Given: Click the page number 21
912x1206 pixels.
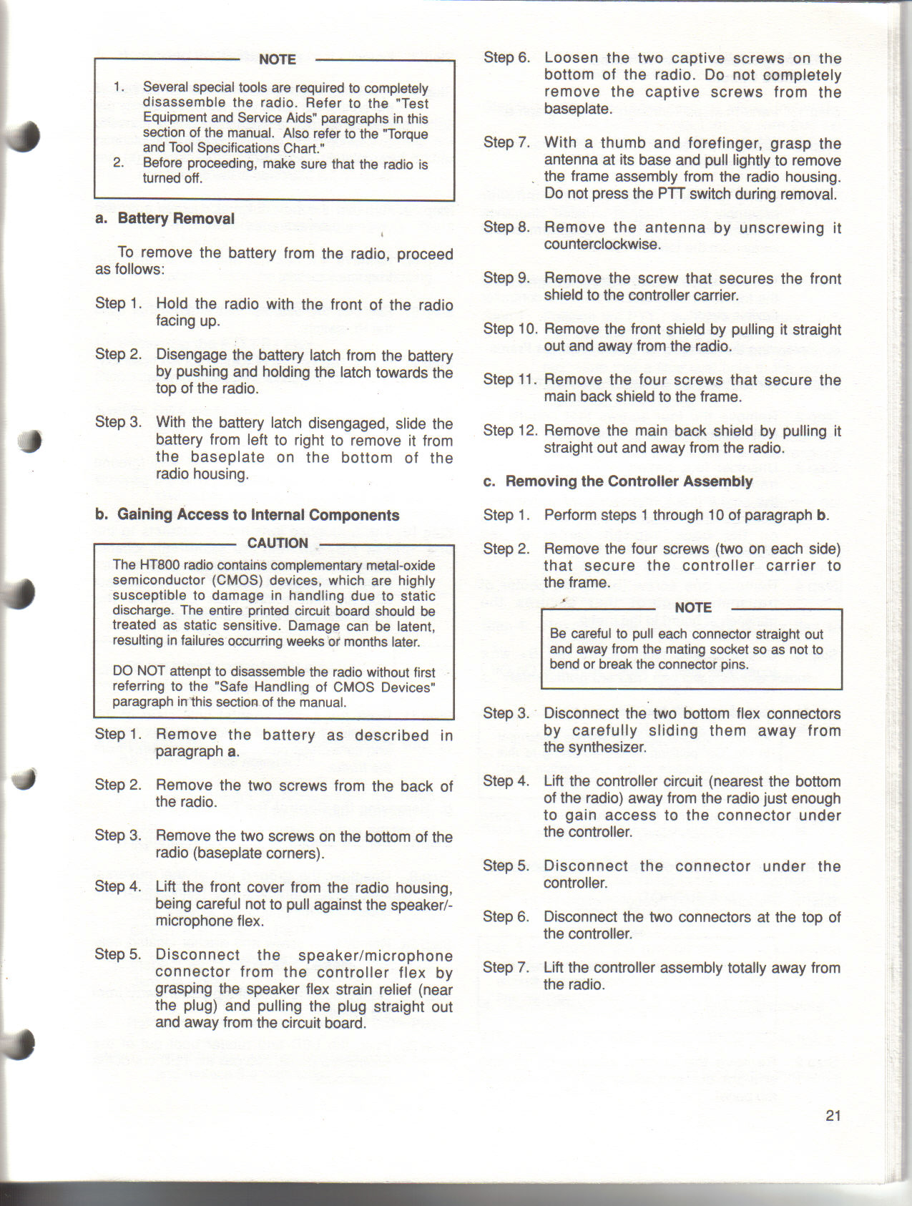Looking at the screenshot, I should coord(833,1115).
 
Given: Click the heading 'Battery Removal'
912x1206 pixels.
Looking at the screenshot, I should coord(176,219).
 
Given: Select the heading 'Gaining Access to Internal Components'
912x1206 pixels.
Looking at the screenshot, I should coord(258,515).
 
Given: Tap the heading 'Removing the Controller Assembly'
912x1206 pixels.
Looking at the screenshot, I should coord(629,481).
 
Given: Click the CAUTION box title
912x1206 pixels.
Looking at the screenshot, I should coord(278,543).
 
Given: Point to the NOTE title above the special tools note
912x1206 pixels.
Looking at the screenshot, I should coord(277,59).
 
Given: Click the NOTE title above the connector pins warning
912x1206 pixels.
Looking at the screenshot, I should coord(692,607).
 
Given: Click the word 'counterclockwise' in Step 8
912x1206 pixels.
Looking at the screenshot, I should coord(602,245).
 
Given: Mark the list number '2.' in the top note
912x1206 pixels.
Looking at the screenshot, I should coord(119,163).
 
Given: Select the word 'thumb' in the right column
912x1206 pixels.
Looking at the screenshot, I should coord(623,143).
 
